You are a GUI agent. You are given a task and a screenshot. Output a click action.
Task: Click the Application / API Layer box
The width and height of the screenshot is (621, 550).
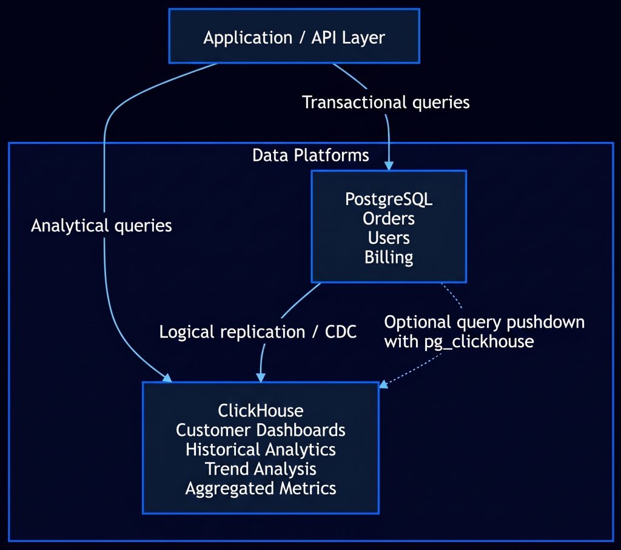(x=294, y=36)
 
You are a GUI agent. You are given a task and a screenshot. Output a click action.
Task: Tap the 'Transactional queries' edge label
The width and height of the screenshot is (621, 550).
(x=386, y=103)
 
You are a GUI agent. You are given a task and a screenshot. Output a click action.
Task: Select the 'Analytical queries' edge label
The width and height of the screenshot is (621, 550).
(x=101, y=226)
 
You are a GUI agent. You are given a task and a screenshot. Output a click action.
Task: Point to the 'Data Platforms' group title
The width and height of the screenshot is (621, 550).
(x=310, y=155)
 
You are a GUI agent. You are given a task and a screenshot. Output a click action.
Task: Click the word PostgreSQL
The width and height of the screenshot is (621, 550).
(x=389, y=199)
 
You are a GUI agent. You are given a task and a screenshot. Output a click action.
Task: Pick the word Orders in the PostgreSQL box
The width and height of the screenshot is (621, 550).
(x=389, y=219)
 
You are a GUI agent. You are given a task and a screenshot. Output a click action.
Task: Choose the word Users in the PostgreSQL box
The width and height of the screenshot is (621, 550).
(x=389, y=238)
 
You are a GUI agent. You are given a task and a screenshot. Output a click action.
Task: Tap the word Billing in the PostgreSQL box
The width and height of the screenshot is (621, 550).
(x=389, y=257)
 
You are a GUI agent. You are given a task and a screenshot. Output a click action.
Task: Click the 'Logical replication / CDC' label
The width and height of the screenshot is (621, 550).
(x=258, y=332)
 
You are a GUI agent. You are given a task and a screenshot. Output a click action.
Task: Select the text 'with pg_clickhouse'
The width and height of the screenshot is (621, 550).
(x=459, y=342)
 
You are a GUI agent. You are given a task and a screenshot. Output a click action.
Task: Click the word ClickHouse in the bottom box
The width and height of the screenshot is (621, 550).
(x=261, y=410)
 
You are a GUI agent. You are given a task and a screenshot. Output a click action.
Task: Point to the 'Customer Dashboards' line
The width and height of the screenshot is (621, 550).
(x=261, y=430)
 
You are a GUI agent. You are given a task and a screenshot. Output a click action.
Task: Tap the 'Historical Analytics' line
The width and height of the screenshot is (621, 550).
(x=261, y=450)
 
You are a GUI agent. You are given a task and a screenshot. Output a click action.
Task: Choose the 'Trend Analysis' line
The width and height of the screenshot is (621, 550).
(x=261, y=469)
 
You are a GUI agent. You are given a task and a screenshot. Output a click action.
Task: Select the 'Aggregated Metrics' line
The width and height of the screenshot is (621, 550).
(x=261, y=489)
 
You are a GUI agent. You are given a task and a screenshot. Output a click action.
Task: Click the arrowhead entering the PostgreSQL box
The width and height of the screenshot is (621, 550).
(x=389, y=166)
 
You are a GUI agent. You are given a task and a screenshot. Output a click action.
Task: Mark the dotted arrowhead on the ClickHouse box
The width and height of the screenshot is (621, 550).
(x=383, y=384)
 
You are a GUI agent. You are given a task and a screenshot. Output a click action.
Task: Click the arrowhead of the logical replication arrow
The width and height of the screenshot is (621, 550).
(x=261, y=378)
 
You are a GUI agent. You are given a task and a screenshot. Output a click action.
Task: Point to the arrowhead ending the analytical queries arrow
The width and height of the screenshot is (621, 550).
(x=167, y=378)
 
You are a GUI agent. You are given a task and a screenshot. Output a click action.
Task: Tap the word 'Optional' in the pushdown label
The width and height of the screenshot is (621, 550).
(x=417, y=322)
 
